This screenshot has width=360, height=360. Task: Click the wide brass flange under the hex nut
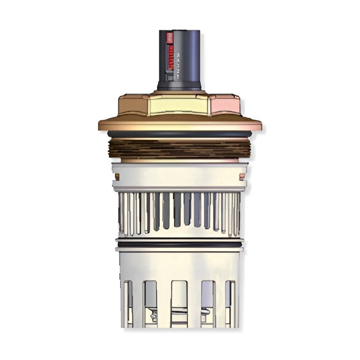180,124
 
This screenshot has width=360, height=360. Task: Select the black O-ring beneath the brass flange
180,134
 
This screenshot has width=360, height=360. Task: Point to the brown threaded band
180,148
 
